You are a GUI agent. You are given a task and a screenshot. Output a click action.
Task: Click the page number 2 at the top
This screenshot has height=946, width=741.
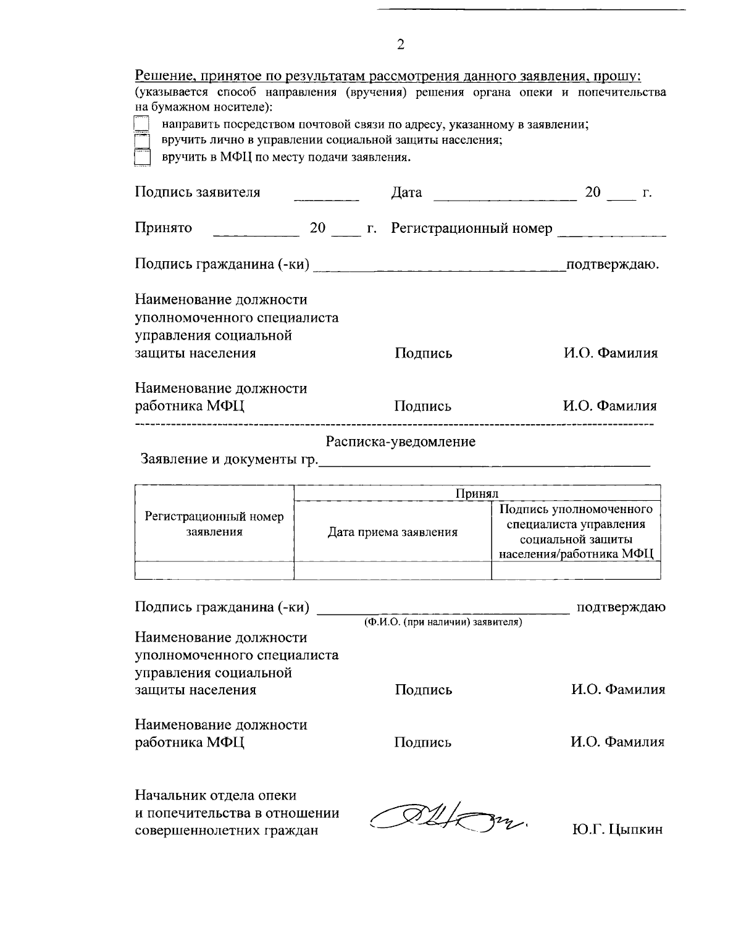pos(400,44)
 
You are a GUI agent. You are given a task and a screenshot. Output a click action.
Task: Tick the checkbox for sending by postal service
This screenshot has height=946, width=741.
pos(142,125)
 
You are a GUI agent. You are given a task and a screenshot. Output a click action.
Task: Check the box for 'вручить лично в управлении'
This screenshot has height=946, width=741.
pos(142,141)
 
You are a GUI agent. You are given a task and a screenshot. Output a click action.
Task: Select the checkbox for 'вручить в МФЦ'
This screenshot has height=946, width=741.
pos(142,158)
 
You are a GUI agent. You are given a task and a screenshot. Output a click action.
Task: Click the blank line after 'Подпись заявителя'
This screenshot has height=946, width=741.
pos(326,196)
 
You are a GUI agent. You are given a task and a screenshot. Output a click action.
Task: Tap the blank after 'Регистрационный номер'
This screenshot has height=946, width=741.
pos(611,232)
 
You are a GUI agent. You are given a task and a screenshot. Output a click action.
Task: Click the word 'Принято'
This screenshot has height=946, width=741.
pos(164,228)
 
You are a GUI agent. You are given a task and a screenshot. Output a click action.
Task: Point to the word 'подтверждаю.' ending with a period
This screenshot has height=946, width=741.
pos(613,265)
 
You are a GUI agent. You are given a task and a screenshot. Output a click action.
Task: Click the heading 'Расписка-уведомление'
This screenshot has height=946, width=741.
pos(401,442)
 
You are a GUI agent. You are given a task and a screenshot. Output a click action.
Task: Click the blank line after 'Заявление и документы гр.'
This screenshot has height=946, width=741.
pos(484,461)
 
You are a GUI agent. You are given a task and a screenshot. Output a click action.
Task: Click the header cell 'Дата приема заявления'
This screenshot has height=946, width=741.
pos(393,532)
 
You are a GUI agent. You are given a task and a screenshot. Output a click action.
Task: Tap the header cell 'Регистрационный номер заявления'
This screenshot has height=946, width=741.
pos(214,524)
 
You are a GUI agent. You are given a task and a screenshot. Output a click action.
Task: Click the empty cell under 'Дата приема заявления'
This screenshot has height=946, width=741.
pos(393,571)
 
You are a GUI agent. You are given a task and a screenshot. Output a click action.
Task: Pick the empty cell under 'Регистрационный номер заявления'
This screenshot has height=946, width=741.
pos(214,571)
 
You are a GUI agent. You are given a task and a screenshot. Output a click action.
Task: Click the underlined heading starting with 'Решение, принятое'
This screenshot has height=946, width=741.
pos(388,77)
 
